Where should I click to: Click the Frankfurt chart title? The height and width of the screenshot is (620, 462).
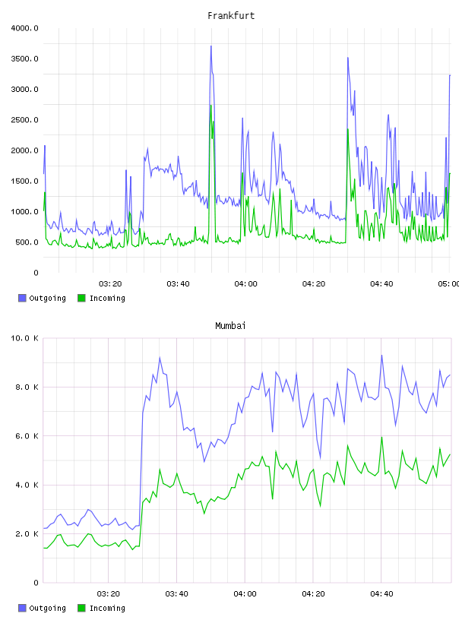point(231,16)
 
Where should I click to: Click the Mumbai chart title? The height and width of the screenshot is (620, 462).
point(230,326)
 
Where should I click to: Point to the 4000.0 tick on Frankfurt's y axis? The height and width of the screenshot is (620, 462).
point(25,28)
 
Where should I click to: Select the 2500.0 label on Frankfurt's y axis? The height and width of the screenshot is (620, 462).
point(25,120)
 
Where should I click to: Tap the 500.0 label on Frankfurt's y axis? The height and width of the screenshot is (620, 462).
point(27,242)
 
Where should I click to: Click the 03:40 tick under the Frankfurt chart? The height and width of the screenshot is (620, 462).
point(178,283)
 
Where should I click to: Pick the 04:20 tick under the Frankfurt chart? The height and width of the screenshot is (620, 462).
point(314,283)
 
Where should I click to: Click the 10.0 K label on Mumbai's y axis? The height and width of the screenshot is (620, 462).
point(25,338)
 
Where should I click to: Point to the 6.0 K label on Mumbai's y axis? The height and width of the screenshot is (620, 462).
point(27,435)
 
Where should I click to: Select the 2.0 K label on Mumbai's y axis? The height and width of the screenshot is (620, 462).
point(27,534)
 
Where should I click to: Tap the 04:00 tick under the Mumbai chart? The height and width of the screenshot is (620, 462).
point(245,593)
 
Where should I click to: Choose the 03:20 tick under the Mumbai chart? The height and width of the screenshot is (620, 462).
point(109,593)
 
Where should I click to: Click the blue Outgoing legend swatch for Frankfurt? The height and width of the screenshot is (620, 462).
point(22,298)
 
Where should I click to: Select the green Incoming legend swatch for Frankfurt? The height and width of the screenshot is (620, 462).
point(81,298)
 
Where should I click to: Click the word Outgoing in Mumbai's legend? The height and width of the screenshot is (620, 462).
point(47,608)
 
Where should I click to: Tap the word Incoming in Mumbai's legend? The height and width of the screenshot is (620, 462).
point(107,608)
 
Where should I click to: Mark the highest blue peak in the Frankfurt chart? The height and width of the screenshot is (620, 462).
point(211,46)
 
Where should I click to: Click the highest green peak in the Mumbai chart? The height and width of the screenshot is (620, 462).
point(381,438)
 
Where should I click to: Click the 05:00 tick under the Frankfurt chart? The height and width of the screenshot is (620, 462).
point(449,283)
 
